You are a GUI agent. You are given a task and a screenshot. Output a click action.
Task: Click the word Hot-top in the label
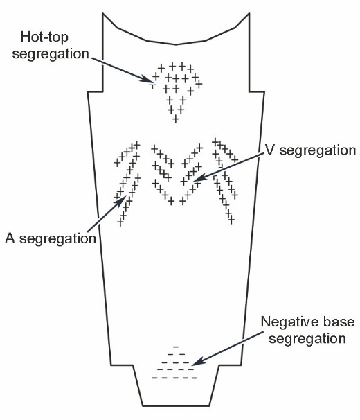point(44,37)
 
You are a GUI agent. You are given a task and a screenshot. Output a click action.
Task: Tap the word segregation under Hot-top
point(51,54)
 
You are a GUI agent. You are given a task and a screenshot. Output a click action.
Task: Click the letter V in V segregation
point(269,150)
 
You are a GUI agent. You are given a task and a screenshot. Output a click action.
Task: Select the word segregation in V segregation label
point(318,151)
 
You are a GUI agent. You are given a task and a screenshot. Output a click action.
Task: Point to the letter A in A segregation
point(10,238)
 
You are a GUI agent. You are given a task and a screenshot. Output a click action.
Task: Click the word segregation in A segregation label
point(58,239)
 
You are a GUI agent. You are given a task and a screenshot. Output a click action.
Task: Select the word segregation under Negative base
point(307,339)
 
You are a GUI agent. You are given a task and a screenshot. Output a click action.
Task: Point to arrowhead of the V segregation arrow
point(198,178)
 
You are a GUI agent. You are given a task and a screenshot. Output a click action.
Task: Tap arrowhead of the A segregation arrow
point(123,200)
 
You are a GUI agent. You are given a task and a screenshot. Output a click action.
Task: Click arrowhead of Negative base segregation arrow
point(196,362)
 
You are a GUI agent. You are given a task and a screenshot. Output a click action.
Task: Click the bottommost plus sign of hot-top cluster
point(176,119)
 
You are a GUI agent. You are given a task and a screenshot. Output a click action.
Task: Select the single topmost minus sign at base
point(176,347)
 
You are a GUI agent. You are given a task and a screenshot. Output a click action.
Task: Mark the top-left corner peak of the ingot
point(102,13)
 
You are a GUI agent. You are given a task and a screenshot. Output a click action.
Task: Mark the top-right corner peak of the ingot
point(249,13)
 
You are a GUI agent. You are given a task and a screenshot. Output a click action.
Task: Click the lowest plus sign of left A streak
point(120,222)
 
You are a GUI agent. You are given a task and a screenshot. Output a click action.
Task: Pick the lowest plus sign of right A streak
point(231,220)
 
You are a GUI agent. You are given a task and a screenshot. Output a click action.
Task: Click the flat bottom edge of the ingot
point(176,406)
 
